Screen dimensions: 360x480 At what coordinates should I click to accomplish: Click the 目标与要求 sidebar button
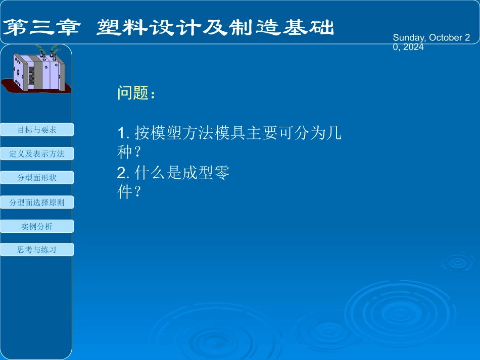click(x=37, y=130)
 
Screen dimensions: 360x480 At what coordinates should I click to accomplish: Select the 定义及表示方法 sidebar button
click(x=37, y=153)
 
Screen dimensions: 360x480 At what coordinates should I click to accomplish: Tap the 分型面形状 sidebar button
click(x=37, y=178)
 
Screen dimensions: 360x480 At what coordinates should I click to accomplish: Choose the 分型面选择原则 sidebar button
click(x=37, y=202)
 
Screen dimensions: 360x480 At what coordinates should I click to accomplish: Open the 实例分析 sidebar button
click(x=37, y=226)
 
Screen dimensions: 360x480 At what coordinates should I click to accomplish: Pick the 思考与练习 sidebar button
click(x=37, y=249)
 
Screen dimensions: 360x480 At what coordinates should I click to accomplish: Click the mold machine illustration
click(x=38, y=71)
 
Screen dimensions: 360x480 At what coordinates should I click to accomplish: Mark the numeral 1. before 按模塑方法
click(x=124, y=134)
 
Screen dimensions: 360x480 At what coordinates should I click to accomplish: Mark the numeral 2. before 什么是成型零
click(x=124, y=174)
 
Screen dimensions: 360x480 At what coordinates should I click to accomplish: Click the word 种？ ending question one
click(x=128, y=152)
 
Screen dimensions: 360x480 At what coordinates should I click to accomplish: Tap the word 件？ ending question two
click(x=128, y=192)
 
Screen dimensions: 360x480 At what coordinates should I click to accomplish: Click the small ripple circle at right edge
click(x=457, y=262)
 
